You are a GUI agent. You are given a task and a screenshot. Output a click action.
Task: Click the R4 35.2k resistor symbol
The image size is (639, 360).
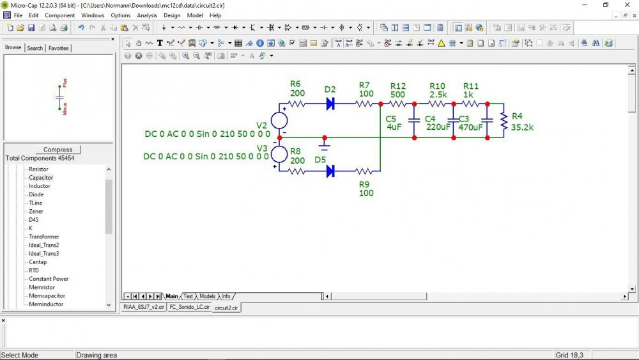(x=504, y=121)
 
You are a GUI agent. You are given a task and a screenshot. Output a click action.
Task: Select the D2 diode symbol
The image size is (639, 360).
(x=330, y=104)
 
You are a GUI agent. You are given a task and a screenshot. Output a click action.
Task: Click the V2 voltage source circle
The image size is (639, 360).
(x=279, y=121)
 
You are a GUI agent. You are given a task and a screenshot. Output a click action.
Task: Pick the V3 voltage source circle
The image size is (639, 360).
(x=279, y=154)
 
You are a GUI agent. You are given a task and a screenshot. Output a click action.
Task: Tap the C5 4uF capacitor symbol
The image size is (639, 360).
(x=414, y=121)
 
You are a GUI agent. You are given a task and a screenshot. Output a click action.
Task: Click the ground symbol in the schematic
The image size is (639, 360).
(x=325, y=145)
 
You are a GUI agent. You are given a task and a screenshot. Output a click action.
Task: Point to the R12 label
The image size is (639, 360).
(x=397, y=86)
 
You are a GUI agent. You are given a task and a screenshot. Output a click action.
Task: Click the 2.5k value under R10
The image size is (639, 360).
(x=438, y=95)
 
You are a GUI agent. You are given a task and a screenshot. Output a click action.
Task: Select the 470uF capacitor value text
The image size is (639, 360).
(x=470, y=127)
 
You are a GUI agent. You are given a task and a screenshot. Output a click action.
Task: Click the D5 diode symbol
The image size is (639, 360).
(x=330, y=171)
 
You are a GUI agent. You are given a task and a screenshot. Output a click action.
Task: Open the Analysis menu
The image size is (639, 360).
(x=147, y=15)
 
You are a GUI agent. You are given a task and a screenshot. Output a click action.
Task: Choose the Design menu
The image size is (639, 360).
(x=172, y=15)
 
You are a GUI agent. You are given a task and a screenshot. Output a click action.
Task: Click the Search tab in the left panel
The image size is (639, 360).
(x=35, y=48)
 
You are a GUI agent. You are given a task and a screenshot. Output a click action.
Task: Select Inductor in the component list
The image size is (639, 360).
(x=40, y=186)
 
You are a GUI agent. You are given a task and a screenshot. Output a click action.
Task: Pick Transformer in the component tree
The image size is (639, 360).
(x=44, y=237)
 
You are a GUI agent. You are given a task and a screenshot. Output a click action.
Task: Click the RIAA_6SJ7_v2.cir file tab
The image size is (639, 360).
(x=144, y=307)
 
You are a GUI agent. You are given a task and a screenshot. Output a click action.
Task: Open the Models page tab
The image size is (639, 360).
(x=208, y=297)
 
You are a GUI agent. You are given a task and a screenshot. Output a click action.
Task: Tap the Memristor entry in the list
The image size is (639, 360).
(x=42, y=287)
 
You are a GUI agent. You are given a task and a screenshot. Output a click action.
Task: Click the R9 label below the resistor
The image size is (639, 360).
(x=364, y=184)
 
